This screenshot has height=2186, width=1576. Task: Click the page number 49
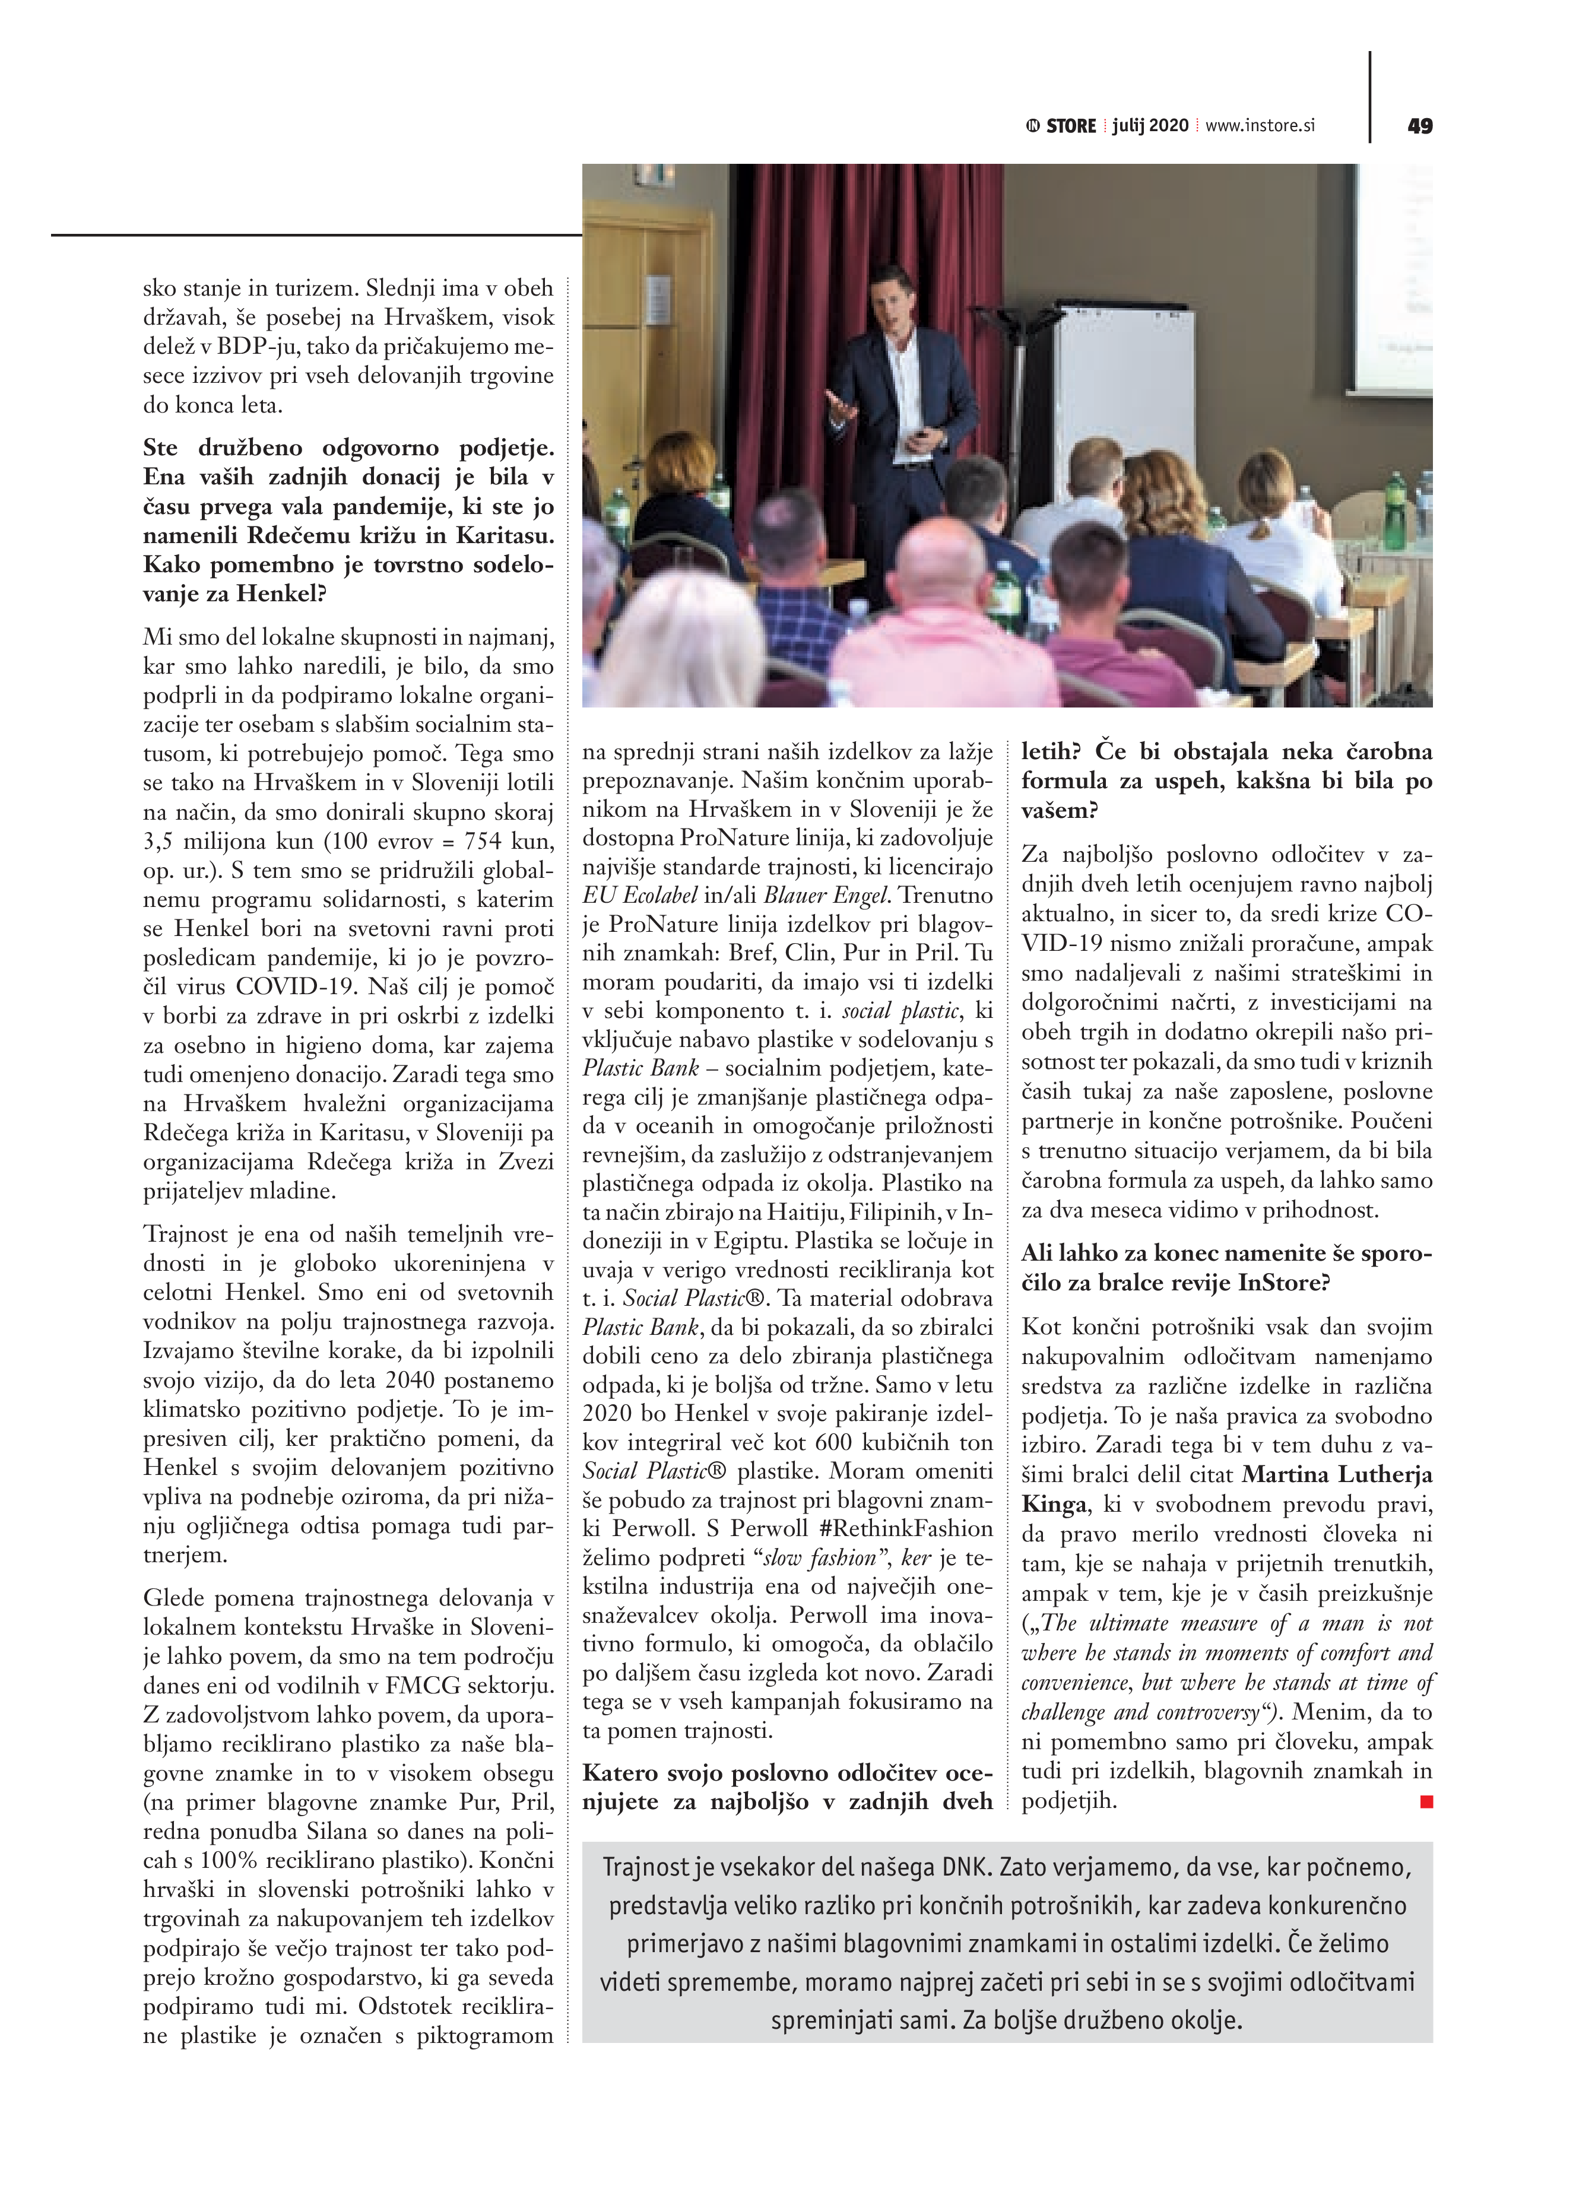pos(1420,126)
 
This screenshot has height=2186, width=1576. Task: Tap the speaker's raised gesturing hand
pos(839,404)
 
